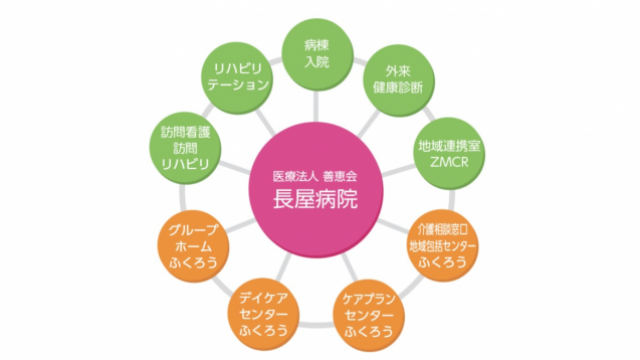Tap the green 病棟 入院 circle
coord(317,53)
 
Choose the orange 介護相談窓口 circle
coord(442,236)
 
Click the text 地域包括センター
coord(442,244)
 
